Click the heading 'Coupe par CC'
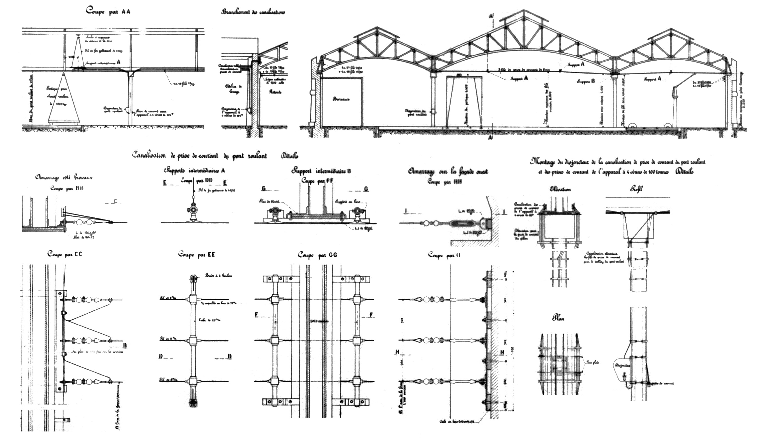65,254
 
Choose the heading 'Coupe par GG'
317,255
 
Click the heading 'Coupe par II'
444,256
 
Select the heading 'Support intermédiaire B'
321,171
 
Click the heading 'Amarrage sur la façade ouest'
447,172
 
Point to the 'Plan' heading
558,318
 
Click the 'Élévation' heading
560,189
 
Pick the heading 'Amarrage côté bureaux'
64,178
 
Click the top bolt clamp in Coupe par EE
193,279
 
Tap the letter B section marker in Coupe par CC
125,345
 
